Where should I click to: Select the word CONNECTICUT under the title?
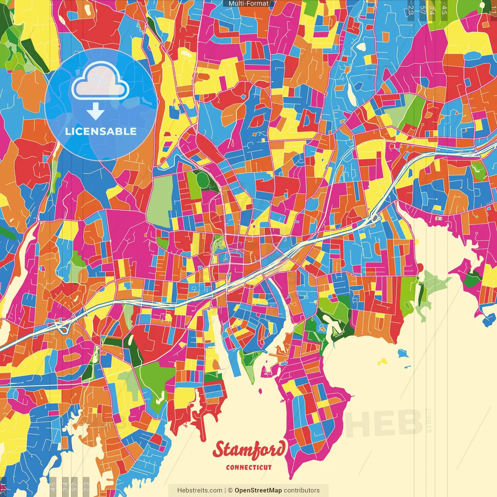click(x=249, y=467)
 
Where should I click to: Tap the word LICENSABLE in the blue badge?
click(x=101, y=131)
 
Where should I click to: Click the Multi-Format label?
click(x=248, y=3)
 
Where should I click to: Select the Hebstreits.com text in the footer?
click(x=200, y=490)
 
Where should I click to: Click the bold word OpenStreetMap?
click(x=258, y=490)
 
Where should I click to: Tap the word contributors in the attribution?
click(x=302, y=490)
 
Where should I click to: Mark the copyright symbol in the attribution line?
click(x=230, y=490)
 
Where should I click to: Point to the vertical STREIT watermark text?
click(x=429, y=420)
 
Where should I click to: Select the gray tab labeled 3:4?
click(x=65, y=486)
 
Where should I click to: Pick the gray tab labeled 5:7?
click(x=75, y=486)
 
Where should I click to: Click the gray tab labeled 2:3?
click(x=86, y=486)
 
